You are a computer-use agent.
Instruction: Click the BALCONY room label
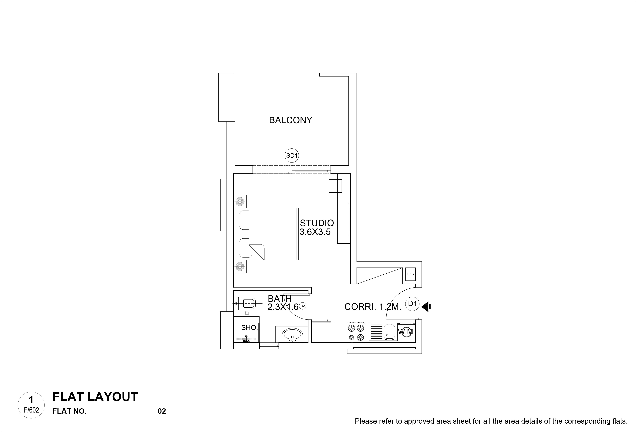pos(290,120)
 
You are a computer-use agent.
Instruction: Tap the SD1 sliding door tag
pos(292,156)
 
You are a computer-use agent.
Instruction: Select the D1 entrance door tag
pos(412,304)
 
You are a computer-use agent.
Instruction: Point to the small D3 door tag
pos(302,306)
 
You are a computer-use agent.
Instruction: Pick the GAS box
pos(410,274)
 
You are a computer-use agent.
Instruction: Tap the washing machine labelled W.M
pos(406,332)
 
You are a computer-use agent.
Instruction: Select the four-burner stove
pos(356,332)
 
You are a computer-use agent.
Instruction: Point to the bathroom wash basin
pos(292,335)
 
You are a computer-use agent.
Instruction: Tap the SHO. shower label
pos(249,328)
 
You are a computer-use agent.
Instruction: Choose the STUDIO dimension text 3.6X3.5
pos(315,232)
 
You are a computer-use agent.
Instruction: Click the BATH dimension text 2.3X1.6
pos(283,307)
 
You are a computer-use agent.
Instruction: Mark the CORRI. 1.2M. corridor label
pos(373,307)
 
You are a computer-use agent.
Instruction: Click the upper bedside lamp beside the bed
pos(240,202)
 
